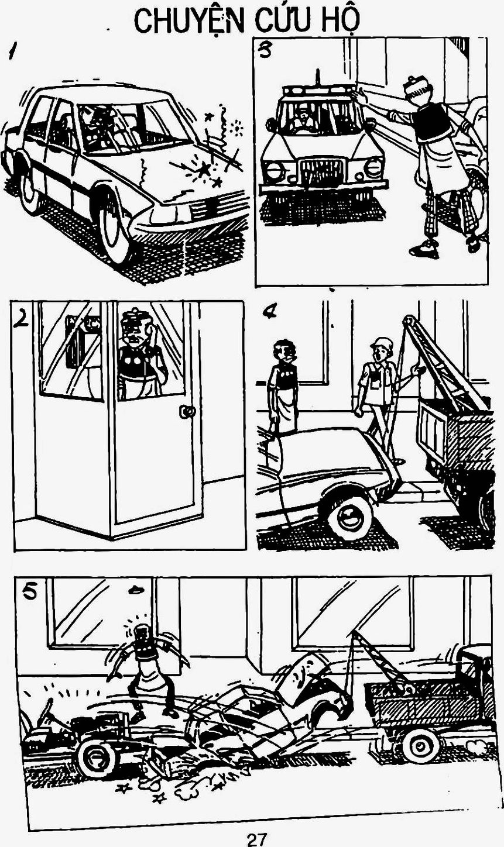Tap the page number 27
tap(255, 840)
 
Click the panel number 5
tap(29, 592)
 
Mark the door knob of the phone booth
tap(187, 411)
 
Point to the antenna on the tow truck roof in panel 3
tap(318, 79)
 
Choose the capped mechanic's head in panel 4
tap(380, 350)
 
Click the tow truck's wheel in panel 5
tap(421, 746)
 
